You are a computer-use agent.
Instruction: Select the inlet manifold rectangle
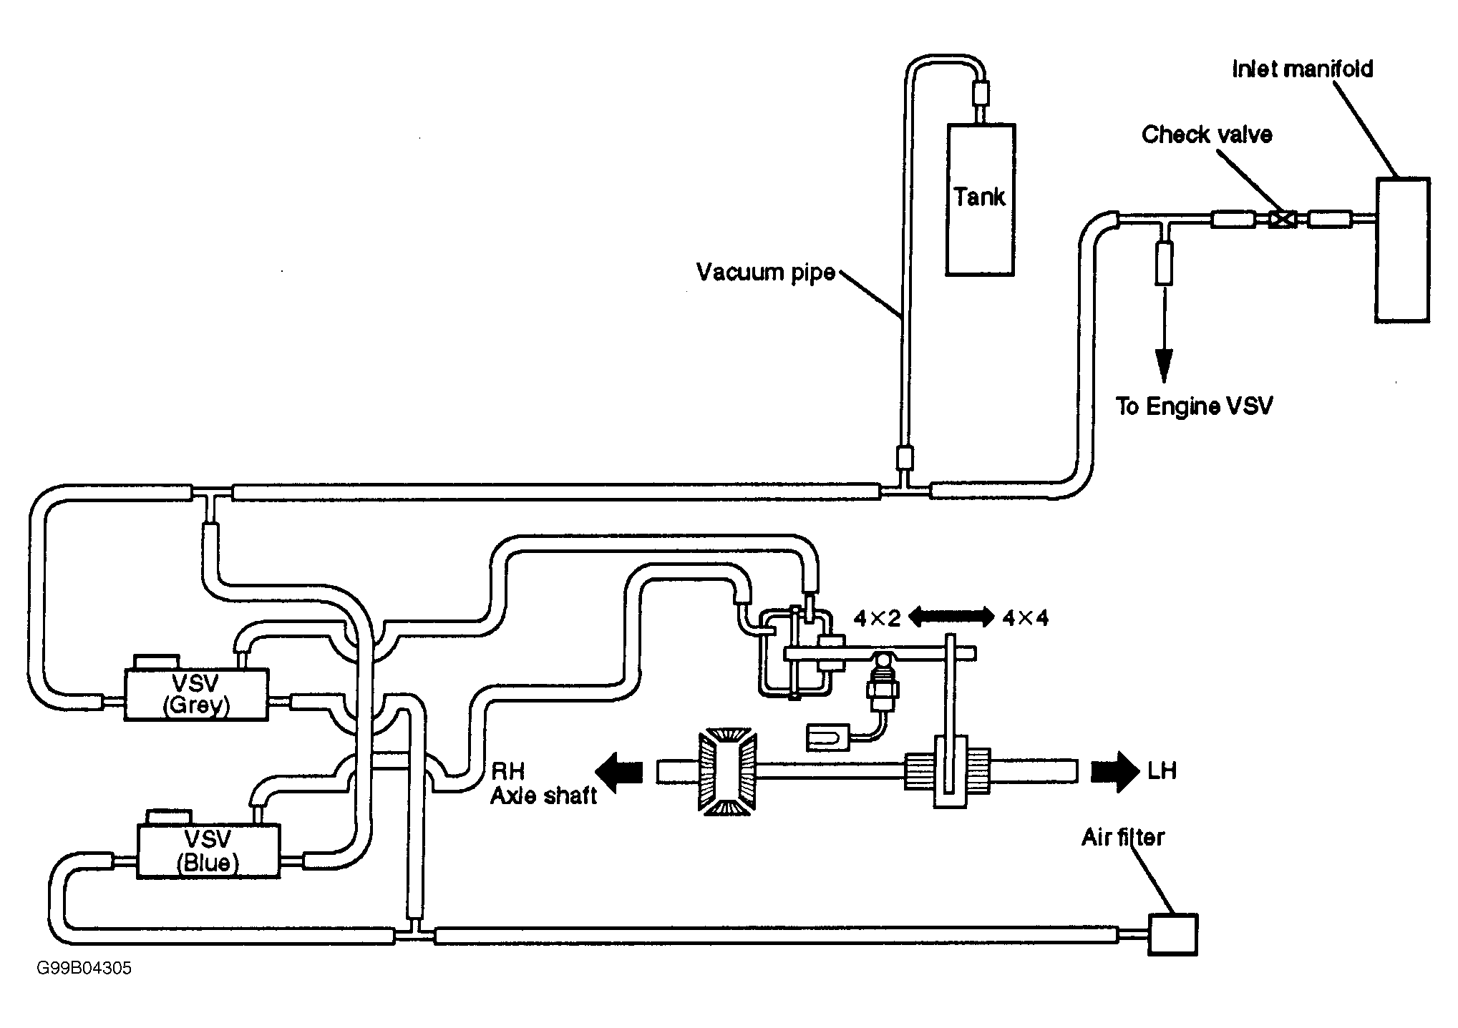tap(1402, 250)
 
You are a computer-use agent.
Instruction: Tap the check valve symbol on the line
tap(1281, 219)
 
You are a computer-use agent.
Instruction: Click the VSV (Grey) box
tap(196, 694)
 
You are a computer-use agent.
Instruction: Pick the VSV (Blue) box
tap(208, 851)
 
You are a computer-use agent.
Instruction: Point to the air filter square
tap(1172, 934)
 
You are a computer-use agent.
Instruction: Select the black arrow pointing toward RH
tap(620, 771)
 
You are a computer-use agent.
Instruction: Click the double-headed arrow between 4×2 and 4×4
tap(951, 617)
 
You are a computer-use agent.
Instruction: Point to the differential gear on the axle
tap(726, 770)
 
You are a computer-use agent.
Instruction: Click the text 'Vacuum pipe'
tap(766, 273)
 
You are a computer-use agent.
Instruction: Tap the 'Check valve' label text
tap(1207, 134)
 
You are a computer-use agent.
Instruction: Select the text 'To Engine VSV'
tap(1195, 406)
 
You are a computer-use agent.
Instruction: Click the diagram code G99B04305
tap(84, 969)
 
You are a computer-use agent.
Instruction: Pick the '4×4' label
tap(1025, 618)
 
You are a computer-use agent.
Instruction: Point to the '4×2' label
tap(877, 618)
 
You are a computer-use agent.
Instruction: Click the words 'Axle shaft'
tap(543, 796)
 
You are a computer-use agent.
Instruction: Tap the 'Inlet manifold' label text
tap(1303, 69)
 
